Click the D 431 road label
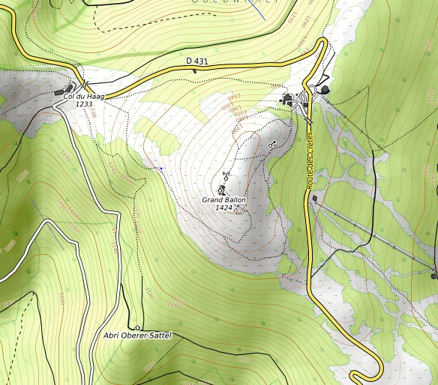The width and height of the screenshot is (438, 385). [x=197, y=61]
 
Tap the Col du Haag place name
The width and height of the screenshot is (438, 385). [x=83, y=96]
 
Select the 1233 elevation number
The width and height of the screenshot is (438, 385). [x=83, y=104]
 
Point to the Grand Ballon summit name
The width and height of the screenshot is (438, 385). [x=223, y=200]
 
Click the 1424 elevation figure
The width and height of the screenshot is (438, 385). [x=223, y=207]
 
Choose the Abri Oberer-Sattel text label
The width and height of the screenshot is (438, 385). [x=137, y=335]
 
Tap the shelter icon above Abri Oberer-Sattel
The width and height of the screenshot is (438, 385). [x=137, y=327]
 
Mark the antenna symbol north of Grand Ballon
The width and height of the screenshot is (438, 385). [x=225, y=176]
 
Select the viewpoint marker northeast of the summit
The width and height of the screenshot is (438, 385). [x=271, y=142]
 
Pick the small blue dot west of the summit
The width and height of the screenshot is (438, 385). [x=160, y=169]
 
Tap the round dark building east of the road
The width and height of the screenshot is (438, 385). [x=325, y=89]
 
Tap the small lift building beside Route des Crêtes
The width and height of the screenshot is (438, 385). [x=315, y=198]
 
